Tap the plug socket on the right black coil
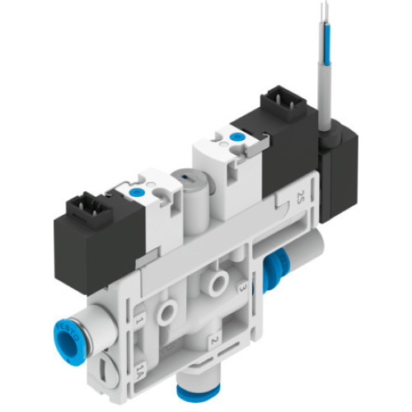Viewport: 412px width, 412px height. (x=277, y=108)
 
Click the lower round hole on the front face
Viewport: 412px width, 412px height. (x=168, y=310)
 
